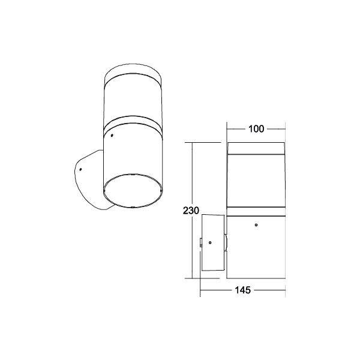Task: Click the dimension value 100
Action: tap(255, 128)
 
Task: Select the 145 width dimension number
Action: tap(242, 289)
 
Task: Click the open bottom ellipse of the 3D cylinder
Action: tap(132, 190)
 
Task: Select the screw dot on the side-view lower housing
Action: tap(256, 226)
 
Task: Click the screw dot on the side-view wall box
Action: tap(210, 242)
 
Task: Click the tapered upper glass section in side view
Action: tap(255, 180)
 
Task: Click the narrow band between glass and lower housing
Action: tap(255, 211)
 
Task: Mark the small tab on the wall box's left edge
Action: tap(200, 242)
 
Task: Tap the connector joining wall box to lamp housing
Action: tap(226, 242)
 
